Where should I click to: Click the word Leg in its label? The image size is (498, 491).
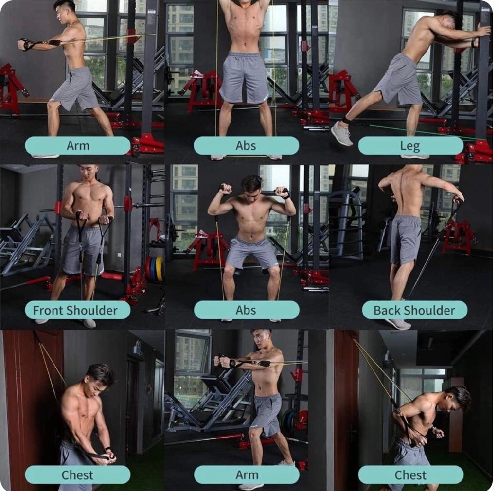[x=410, y=146]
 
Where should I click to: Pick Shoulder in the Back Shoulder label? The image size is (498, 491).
[x=429, y=310]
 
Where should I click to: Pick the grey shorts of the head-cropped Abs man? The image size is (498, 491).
[x=244, y=77]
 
